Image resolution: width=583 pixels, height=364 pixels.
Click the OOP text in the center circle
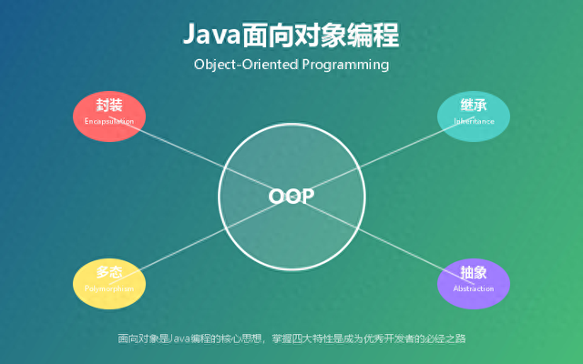coord(291,197)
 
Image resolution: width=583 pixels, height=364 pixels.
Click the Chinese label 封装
coord(109,106)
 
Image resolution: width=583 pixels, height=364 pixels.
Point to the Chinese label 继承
coord(474,106)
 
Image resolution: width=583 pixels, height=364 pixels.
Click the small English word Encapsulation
coord(109,121)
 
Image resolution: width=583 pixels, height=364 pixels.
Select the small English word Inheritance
coord(474,121)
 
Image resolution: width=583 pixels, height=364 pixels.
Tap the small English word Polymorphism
coord(109,288)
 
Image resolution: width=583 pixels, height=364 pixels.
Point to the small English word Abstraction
coord(474,288)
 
